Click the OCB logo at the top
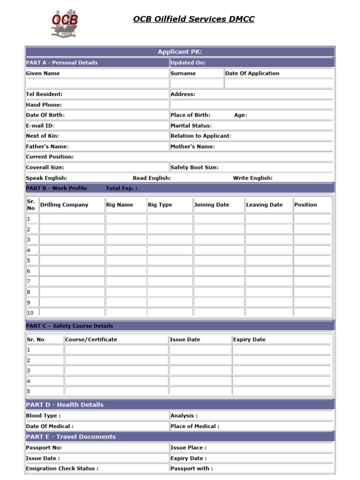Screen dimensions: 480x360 65,23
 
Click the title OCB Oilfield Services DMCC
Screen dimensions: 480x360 194,19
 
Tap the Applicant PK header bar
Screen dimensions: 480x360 180,52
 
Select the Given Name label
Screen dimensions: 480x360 43,73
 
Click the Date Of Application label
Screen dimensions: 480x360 252,73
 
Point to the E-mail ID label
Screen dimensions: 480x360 40,126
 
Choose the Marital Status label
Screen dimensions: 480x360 191,126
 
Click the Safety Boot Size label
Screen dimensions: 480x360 194,167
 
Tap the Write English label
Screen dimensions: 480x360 253,178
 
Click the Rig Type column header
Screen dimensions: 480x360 160,205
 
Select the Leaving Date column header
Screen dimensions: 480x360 264,205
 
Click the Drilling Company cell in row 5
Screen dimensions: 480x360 72,261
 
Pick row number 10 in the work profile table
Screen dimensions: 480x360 30,313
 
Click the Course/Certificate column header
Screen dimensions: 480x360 91,339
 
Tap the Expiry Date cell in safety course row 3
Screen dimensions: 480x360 282,370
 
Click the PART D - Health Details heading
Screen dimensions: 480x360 65,405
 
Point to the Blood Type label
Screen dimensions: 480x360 43,415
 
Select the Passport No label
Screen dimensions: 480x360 44,448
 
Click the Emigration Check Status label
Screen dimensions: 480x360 62,468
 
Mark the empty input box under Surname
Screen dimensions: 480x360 196,83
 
